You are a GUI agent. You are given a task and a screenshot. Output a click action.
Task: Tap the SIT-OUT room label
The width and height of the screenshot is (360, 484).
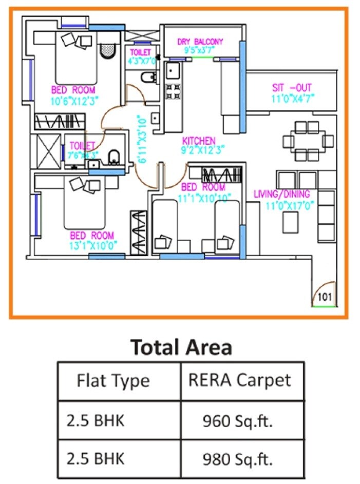click(x=292, y=88)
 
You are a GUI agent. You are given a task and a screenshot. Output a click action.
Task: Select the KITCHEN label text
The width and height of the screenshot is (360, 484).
click(x=199, y=141)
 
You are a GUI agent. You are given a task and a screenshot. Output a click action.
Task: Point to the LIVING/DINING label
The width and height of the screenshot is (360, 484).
click(x=282, y=194)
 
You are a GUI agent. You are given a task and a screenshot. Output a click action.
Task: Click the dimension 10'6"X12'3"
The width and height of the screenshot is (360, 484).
click(x=73, y=101)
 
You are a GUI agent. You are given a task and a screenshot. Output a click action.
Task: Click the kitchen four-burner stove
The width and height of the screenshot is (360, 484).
click(x=173, y=91)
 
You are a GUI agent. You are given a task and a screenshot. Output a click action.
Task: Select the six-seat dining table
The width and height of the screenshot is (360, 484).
click(x=307, y=141)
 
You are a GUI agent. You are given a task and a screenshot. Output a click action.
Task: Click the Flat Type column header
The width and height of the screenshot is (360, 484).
click(x=113, y=381)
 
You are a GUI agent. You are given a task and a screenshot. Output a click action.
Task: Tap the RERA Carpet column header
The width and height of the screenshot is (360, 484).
click(x=239, y=380)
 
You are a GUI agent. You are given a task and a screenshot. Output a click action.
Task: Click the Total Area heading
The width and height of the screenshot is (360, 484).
click(x=181, y=347)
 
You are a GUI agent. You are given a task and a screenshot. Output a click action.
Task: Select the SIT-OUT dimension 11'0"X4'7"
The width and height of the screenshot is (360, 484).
click(x=292, y=98)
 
